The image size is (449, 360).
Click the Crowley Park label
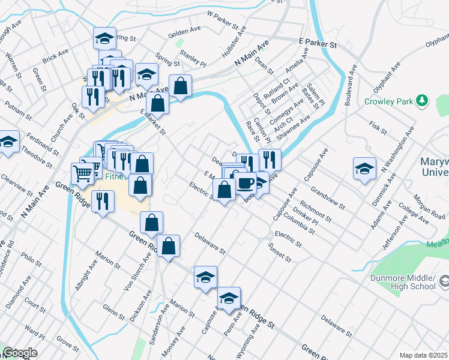[388, 101]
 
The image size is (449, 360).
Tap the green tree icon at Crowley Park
[423, 100]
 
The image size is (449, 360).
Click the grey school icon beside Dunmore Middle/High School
[444, 281]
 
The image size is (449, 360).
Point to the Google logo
[20, 353]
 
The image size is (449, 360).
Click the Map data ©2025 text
[423, 355]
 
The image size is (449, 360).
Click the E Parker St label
[318, 44]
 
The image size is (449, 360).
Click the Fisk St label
[377, 127]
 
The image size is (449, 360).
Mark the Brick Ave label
[55, 56]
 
